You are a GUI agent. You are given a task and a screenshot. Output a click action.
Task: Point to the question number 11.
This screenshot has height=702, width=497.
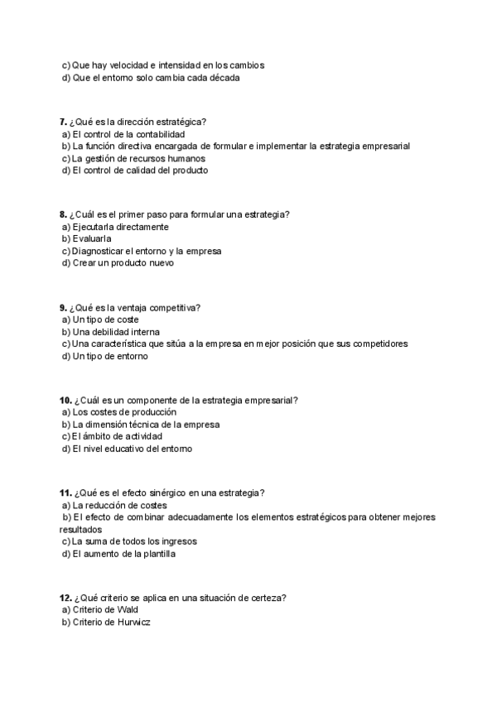(66, 493)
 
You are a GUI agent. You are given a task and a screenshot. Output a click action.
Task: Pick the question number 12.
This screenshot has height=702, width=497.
(66, 598)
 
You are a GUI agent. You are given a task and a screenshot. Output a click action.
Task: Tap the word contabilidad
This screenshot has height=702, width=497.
(157, 134)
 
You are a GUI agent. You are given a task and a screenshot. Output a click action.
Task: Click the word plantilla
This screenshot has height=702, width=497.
(155, 554)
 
